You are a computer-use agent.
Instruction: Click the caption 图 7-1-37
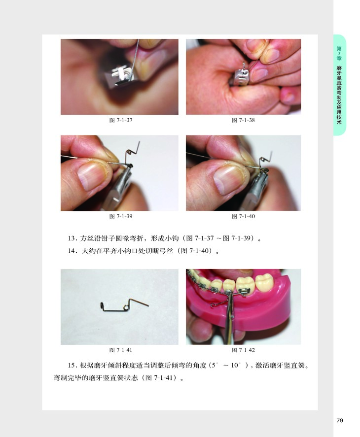[x=121, y=120]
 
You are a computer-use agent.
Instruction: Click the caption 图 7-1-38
[x=243, y=120]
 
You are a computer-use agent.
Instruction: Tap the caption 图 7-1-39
[x=121, y=216]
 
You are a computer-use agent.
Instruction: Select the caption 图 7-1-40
[x=243, y=216]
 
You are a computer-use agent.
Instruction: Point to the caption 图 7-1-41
[x=120, y=350]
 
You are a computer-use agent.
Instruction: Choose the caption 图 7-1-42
[x=243, y=350]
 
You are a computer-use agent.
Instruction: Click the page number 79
[x=340, y=420]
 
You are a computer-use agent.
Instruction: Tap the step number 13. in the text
[x=72, y=238]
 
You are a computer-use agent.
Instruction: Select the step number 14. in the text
[x=72, y=251]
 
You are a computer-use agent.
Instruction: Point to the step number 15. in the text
[x=72, y=366]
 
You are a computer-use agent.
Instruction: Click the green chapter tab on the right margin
[x=339, y=85]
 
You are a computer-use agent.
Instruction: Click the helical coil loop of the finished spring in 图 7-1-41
[x=126, y=308]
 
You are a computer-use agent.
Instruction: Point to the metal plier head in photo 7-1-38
[x=241, y=76]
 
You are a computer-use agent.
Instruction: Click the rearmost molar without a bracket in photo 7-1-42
[x=264, y=283]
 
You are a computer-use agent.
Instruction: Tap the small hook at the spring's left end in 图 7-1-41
[x=102, y=306]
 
